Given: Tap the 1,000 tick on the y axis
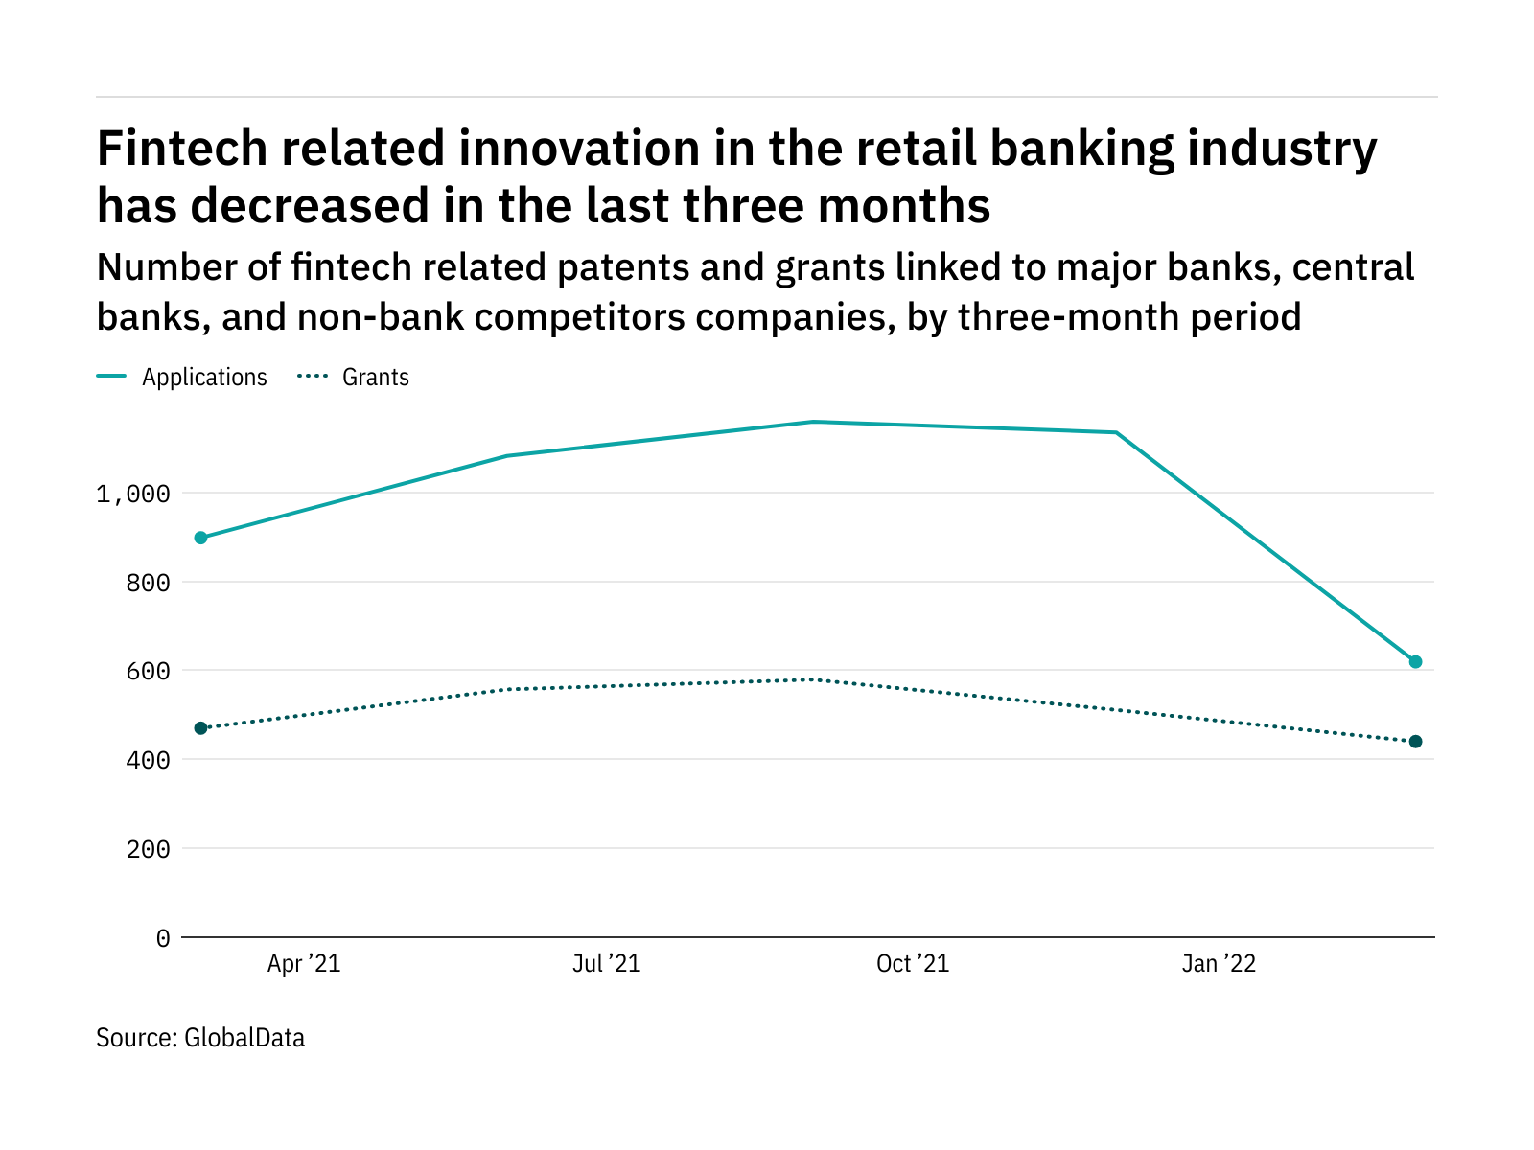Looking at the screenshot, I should click(133, 494).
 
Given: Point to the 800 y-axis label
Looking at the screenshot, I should click(148, 583).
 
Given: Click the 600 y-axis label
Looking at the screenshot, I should click(148, 671).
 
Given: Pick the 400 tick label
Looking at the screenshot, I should click(148, 760).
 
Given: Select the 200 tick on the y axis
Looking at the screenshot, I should click(148, 849).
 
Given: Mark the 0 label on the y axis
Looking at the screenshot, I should click(163, 938).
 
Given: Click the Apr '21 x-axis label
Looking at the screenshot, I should click(304, 964).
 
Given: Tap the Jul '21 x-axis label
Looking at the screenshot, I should click(606, 964).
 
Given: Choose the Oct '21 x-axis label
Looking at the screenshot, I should click(913, 964).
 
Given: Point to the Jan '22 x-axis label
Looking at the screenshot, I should click(1219, 964).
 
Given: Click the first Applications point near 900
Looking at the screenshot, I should click(200, 538).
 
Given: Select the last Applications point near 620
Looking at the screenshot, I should click(1415, 662).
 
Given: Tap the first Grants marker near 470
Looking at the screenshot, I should click(200, 728).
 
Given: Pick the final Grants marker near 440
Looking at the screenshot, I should click(1415, 742).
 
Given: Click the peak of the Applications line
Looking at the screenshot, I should click(812, 422).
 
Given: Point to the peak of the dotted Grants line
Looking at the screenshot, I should click(812, 679).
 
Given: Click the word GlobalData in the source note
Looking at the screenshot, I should click(244, 1038).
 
